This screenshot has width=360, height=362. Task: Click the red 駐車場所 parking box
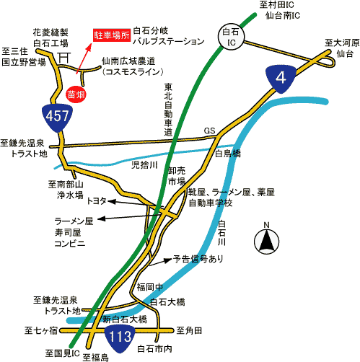(112, 35)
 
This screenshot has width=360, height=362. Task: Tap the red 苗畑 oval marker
(76, 94)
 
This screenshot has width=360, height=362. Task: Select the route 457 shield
(57, 118)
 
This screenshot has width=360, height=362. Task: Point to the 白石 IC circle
(231, 37)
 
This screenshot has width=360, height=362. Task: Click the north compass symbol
(266, 239)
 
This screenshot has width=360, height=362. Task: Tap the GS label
(209, 131)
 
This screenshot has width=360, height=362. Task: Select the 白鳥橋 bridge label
(227, 153)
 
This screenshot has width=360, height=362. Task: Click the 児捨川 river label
(144, 165)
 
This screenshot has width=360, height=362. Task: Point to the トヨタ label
(97, 200)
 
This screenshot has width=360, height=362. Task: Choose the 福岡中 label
(150, 287)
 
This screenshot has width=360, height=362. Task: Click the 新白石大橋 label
(125, 319)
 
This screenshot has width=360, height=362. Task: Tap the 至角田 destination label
(189, 330)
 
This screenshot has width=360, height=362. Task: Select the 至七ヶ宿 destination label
(41, 330)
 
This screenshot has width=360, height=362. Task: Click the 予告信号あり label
(198, 259)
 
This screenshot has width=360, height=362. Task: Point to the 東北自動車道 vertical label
(168, 110)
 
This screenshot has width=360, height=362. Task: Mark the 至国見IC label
(63, 353)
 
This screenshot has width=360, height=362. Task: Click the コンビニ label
(70, 244)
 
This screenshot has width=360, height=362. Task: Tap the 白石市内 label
(154, 349)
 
